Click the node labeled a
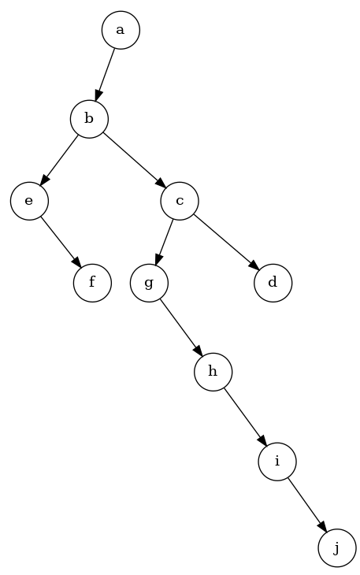tap(121, 30)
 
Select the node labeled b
tap(89, 119)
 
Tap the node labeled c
tap(180, 201)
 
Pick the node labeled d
tap(273, 282)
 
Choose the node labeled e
tap(29, 201)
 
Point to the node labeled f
tap(92, 282)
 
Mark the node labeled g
tap(149, 282)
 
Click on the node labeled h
tap(213, 370)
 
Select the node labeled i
tap(276, 460)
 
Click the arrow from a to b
tap(106, 73)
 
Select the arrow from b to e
tap(60, 159)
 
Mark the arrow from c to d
tap(226, 241)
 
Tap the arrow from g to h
tap(180, 326)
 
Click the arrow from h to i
tap(244, 415)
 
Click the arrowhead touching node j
tap(321, 526)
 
